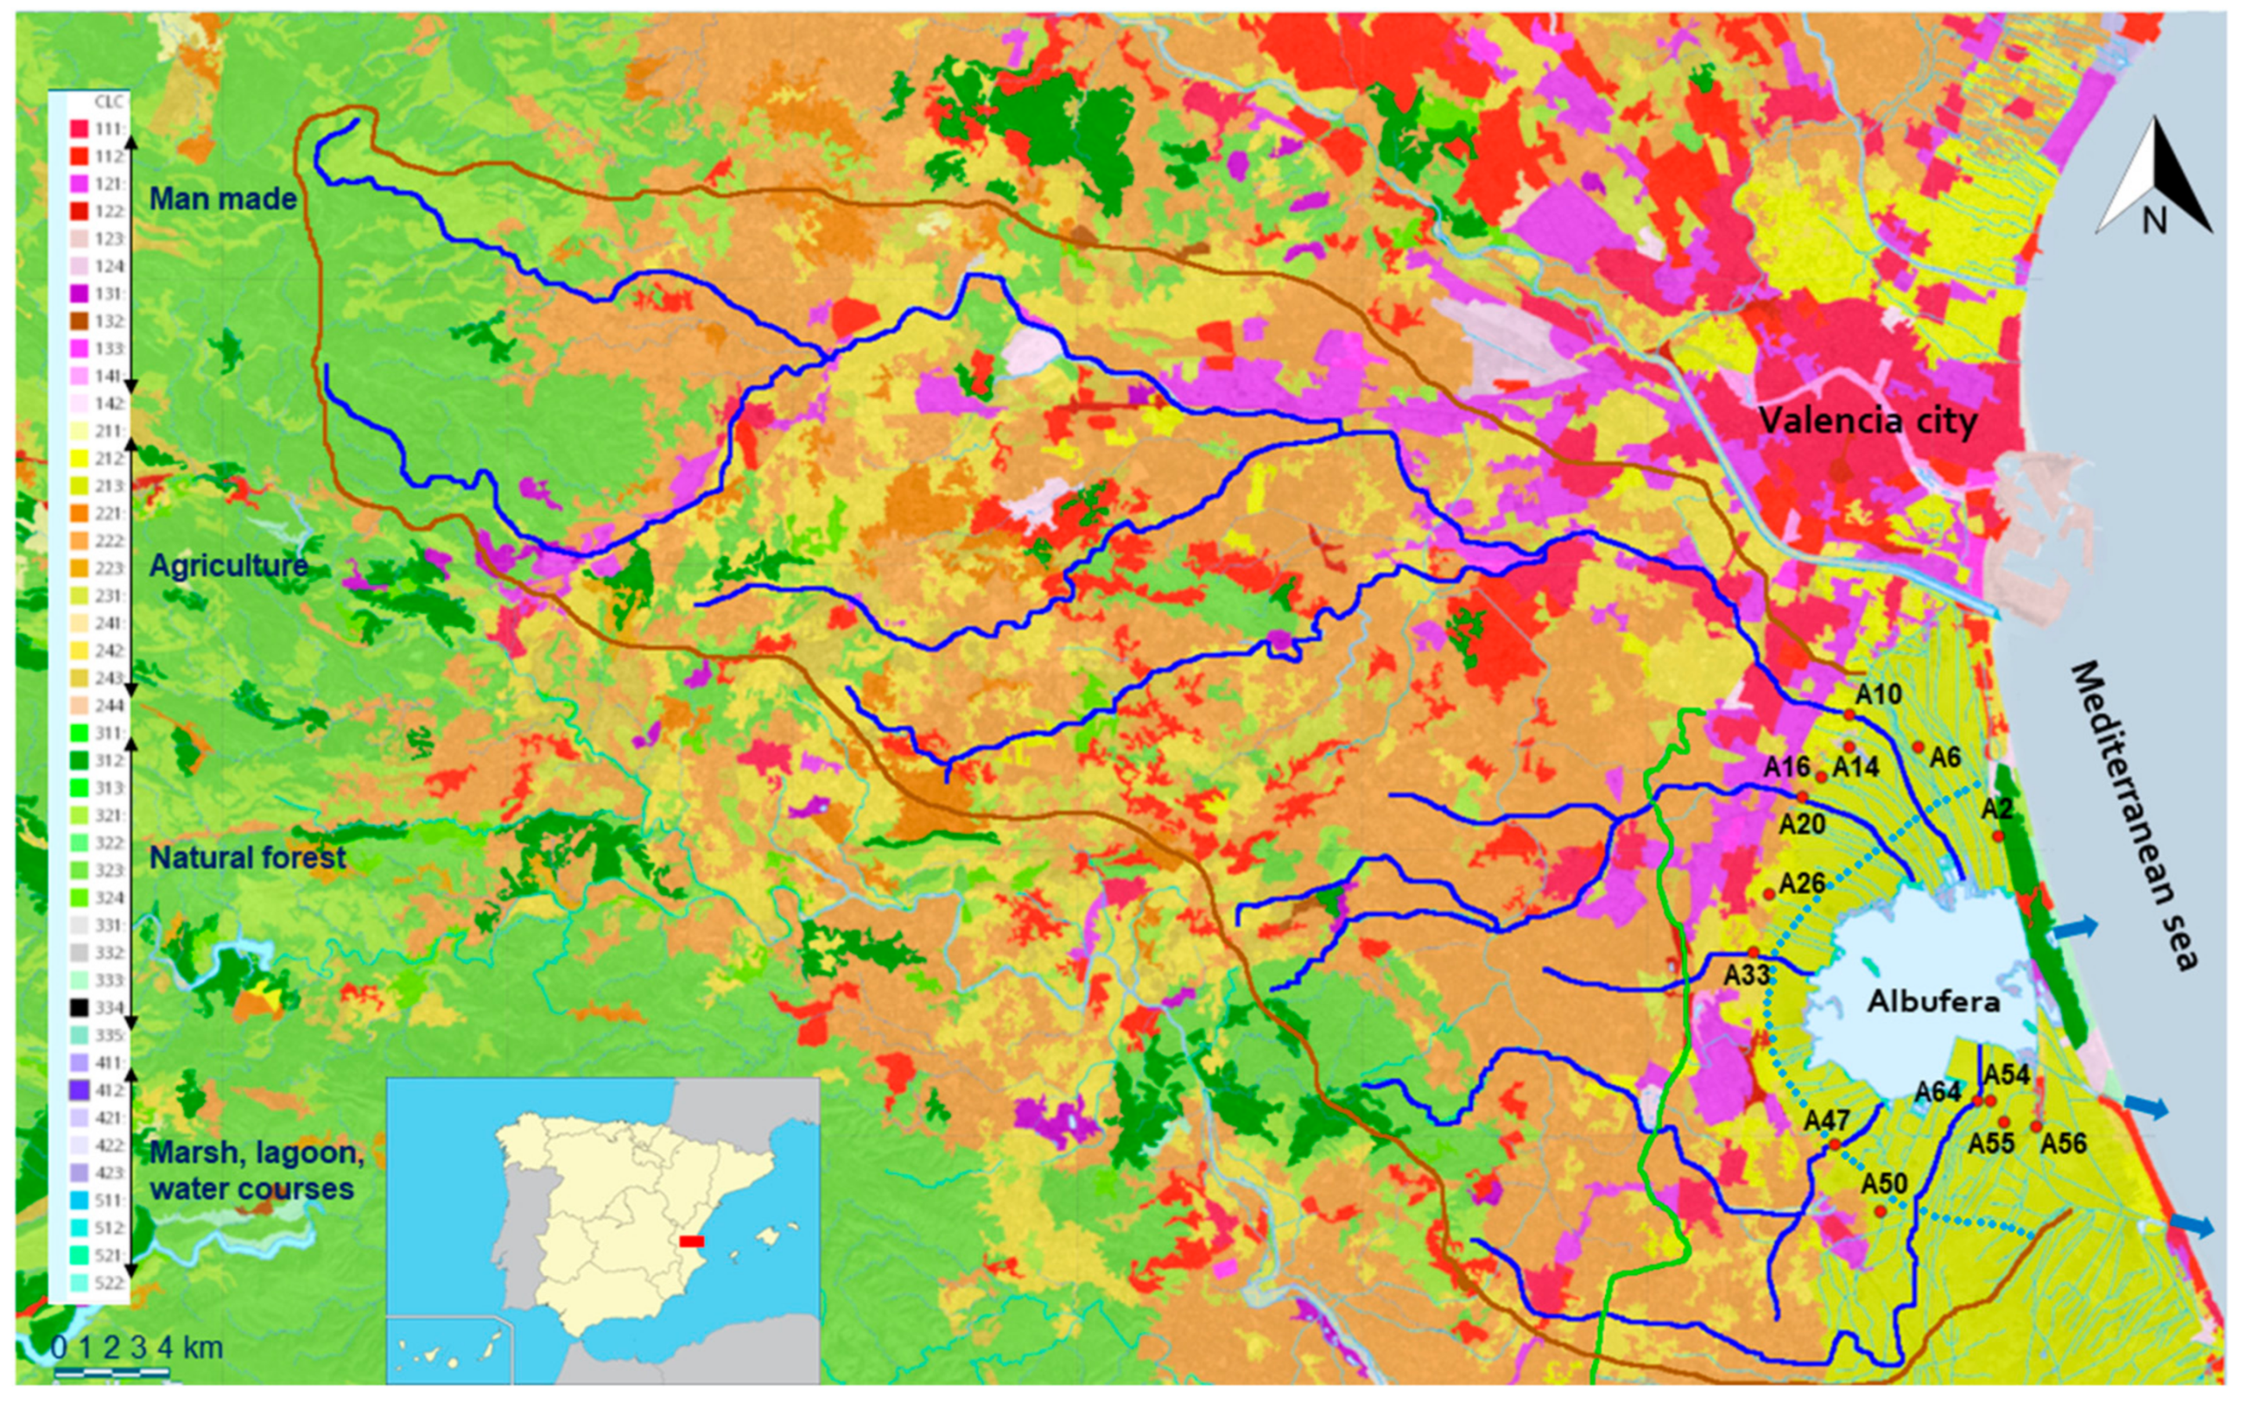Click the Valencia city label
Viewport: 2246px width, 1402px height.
point(1868,421)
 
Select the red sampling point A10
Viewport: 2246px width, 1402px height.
point(1849,714)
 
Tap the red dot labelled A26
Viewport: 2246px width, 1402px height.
point(1768,894)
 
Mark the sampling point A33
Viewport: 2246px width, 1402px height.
point(1753,952)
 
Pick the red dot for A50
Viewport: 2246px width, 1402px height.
point(1880,1211)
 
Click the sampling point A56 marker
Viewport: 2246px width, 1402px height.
point(2035,1126)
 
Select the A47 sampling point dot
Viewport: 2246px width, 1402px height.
point(1834,1145)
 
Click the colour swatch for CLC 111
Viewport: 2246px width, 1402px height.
point(79,129)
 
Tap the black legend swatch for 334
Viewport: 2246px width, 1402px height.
point(79,1007)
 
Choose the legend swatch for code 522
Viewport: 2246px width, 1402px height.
point(79,1282)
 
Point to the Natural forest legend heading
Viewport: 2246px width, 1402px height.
point(247,857)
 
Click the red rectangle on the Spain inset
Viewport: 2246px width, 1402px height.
point(691,1241)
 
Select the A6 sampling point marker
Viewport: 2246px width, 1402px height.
point(1919,746)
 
